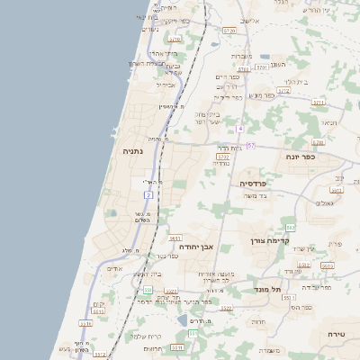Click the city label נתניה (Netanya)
coord(134,153)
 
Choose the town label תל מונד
coord(268,289)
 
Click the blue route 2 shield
coord(148,194)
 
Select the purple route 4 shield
coord(240,129)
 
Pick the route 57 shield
coord(250,146)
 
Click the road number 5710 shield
coord(175,40)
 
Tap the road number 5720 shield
coord(229,31)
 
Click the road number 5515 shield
coord(177,346)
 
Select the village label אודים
coord(115,268)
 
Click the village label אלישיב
coord(251,20)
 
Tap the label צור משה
coord(256,195)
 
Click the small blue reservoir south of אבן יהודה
coord(183,319)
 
